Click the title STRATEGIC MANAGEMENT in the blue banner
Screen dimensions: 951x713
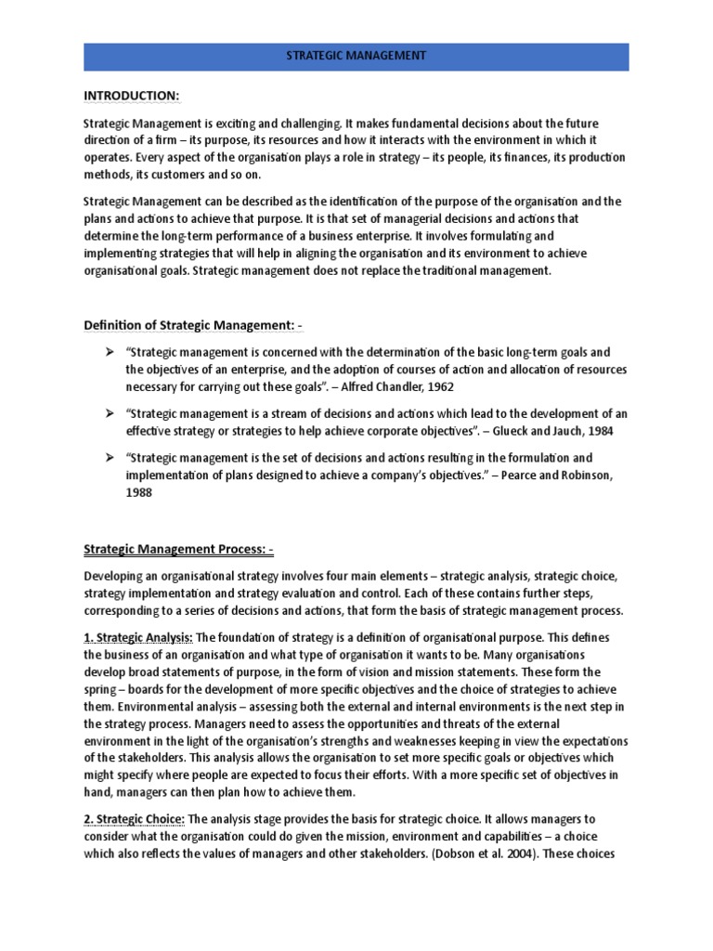pyautogui.click(x=356, y=57)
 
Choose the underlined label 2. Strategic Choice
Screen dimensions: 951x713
pyautogui.click(x=135, y=818)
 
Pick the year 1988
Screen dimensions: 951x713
pyautogui.click(x=137, y=493)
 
